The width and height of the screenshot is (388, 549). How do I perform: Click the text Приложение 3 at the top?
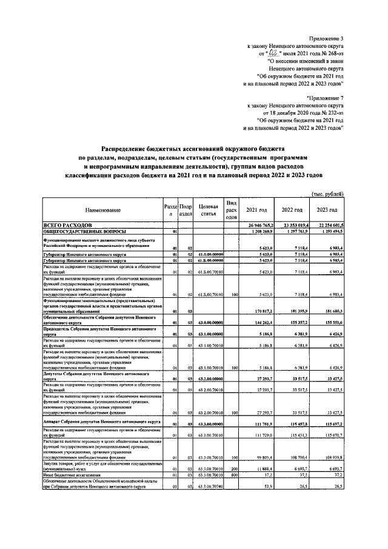click(326, 38)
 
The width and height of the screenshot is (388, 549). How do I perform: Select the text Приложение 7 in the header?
click(326, 97)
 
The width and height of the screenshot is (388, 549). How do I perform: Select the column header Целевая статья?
click(208, 210)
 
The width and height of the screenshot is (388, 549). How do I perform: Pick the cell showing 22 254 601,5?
click(329, 224)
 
